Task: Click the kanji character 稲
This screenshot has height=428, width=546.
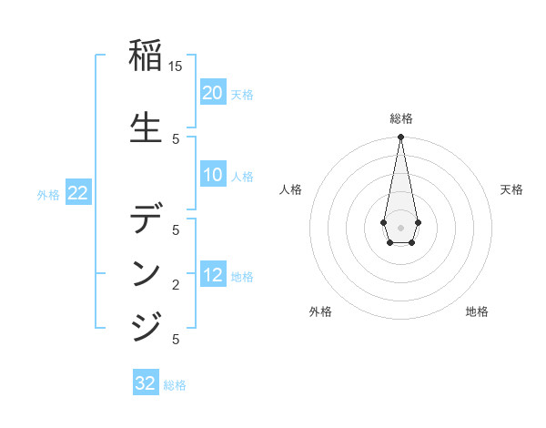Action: click(147, 57)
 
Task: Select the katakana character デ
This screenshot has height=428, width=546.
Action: click(147, 220)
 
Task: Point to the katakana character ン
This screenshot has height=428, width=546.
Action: click(147, 274)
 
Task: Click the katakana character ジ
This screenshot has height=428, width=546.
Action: click(147, 325)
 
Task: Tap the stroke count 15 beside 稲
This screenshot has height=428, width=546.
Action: click(176, 66)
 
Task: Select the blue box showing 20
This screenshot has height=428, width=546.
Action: click(213, 93)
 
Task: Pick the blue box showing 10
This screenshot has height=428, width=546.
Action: click(213, 176)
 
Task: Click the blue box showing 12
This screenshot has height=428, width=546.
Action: click(213, 275)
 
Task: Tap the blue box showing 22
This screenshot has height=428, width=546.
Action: click(78, 193)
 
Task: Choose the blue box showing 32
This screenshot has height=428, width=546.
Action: click(146, 383)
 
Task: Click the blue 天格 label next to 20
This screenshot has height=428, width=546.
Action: click(242, 95)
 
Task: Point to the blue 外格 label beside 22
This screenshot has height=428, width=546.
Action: click(48, 195)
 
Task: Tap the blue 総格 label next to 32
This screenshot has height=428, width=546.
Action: click(175, 385)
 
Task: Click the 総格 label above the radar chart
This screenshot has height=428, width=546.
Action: click(400, 118)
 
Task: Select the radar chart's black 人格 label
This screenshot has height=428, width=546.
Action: click(291, 189)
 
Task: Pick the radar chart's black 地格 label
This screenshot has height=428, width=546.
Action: click(477, 311)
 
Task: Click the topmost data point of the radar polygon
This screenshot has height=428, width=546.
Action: click(400, 138)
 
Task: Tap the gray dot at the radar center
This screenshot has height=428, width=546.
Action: click(400, 227)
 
